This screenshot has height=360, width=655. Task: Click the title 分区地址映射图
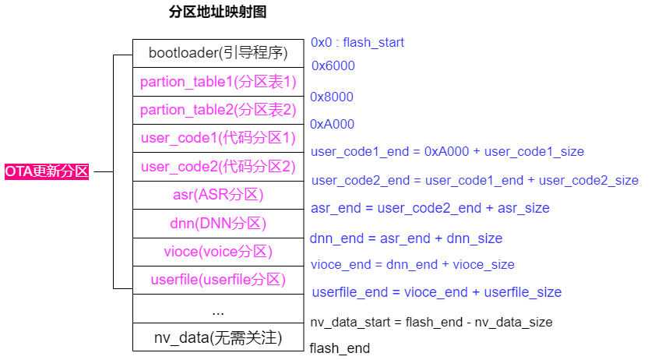(x=220, y=12)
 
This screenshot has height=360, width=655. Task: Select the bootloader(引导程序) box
(x=218, y=54)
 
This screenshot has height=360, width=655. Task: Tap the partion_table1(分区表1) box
(x=218, y=82)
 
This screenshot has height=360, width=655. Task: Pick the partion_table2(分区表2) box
(x=218, y=110)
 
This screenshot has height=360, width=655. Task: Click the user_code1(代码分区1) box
(x=218, y=139)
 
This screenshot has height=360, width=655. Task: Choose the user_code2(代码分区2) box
(x=218, y=167)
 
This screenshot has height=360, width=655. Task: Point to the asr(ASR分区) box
(x=218, y=195)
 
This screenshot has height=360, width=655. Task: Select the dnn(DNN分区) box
(x=218, y=224)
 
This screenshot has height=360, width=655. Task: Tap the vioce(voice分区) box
(x=218, y=252)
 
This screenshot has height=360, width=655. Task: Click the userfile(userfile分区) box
(x=218, y=280)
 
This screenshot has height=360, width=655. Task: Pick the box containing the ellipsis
(x=218, y=309)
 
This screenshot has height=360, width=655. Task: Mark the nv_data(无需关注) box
(x=218, y=337)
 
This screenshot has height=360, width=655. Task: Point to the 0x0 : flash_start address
(x=357, y=42)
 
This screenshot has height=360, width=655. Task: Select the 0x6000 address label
(x=333, y=66)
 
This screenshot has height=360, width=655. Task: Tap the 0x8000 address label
(x=332, y=97)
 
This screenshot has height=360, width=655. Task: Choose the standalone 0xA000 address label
(x=333, y=124)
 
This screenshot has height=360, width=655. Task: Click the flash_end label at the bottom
(x=340, y=348)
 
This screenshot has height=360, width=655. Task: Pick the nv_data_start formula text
(x=431, y=322)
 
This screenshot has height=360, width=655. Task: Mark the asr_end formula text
(x=430, y=208)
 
